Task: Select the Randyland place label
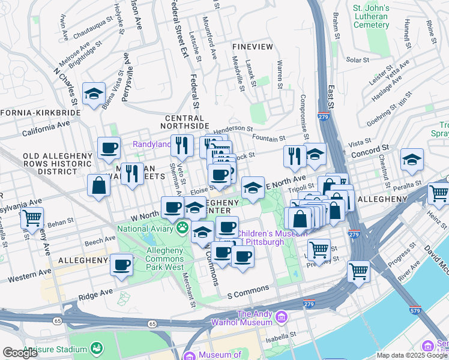[151, 145]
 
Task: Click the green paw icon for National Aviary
[181, 228]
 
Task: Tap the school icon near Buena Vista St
[94, 94]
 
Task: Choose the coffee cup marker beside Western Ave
[122, 264]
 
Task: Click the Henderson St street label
[234, 128]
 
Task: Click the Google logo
[20, 353]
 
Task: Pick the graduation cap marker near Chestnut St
[412, 160]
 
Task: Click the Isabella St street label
[281, 338]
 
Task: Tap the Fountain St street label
[268, 139]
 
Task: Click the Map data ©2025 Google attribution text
[412, 355]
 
